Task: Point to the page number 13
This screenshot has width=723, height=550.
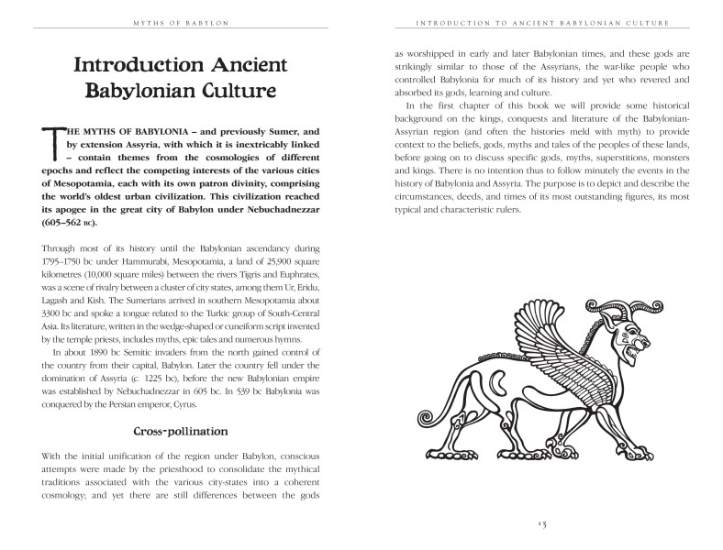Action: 541,523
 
